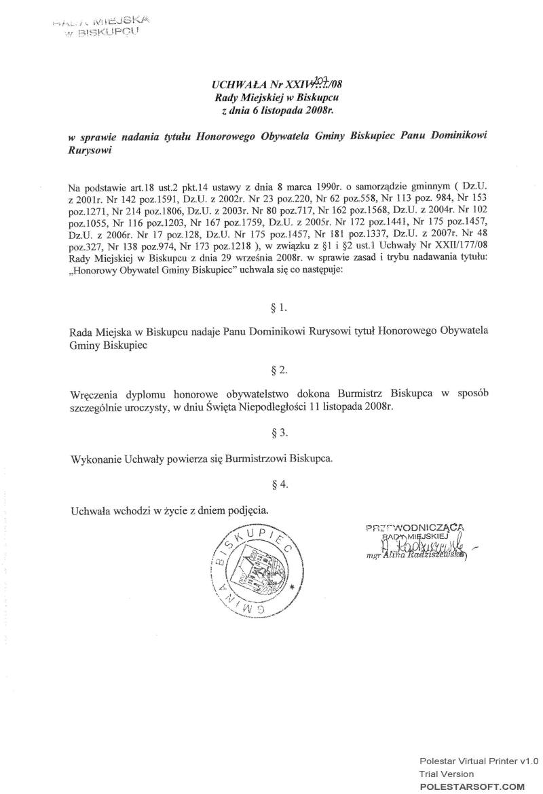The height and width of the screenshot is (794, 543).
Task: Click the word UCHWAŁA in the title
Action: [233, 86]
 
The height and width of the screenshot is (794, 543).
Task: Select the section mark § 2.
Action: [278, 370]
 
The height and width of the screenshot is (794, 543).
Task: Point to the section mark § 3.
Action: [278, 432]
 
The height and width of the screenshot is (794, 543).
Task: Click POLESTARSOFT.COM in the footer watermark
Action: [472, 786]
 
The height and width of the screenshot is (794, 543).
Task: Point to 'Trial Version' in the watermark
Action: [446, 774]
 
